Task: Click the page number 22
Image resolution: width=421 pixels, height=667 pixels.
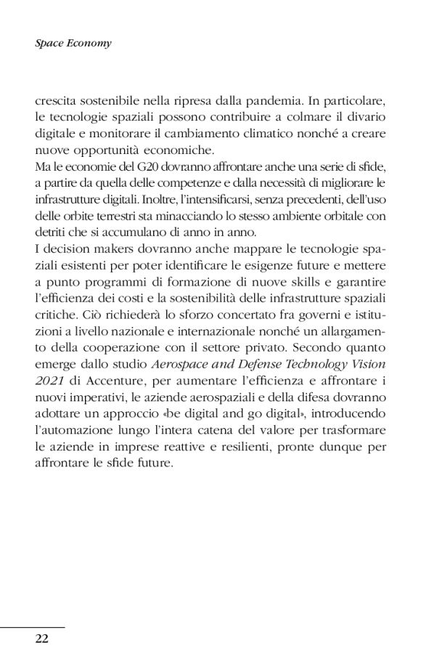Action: [x=41, y=639]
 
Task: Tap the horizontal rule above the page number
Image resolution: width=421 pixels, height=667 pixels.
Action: [x=33, y=626]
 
